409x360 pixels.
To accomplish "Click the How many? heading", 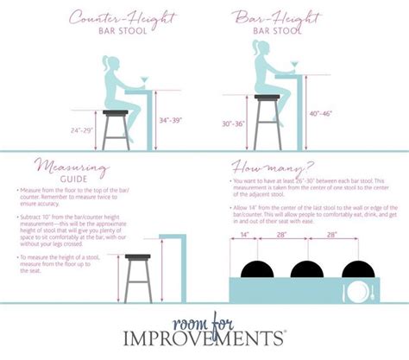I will (x=273, y=166).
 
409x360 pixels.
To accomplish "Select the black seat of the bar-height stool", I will (x=267, y=98).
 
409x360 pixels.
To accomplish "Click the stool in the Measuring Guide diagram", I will (x=138, y=275).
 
